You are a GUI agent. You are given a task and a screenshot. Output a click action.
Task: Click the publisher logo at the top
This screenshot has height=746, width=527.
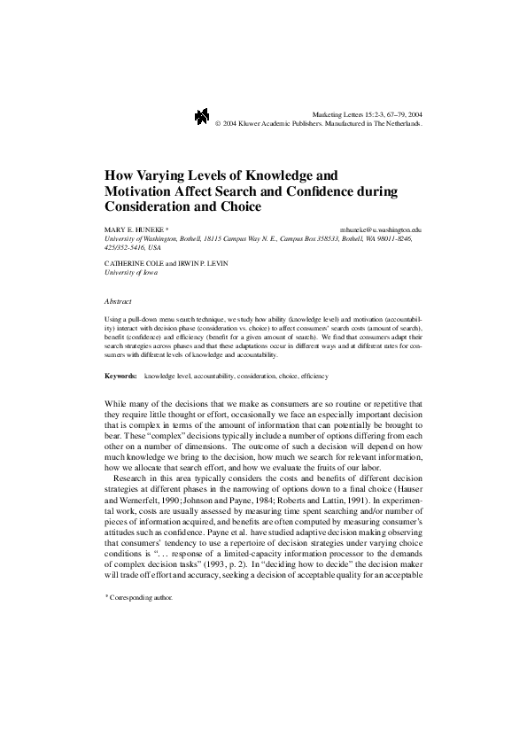(x=201, y=117)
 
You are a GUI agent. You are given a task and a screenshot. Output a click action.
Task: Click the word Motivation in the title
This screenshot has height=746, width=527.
(x=143, y=191)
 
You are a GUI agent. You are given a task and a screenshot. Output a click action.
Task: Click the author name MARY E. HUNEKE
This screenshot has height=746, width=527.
(x=133, y=229)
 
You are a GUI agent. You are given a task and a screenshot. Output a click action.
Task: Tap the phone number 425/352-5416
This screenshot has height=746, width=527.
(x=125, y=249)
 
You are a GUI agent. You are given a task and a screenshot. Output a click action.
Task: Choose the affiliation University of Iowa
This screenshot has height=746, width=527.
(x=129, y=273)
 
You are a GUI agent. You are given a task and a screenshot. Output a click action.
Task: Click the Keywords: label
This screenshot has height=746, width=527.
(x=120, y=377)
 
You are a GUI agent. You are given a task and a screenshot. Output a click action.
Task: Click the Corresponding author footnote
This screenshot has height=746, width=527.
(x=140, y=598)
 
